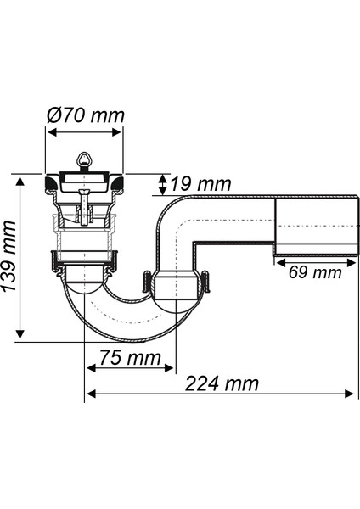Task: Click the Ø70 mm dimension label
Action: point(86,115)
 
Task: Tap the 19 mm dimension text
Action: point(200,184)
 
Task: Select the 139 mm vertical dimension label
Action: point(8,256)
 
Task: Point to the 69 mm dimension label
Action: point(315,272)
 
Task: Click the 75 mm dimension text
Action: point(130,357)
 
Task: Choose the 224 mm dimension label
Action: point(222,383)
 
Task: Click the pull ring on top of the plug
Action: point(84,160)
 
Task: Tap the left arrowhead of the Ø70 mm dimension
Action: point(52,132)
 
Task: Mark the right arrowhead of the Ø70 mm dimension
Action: point(117,132)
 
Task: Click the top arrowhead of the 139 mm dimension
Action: point(20,182)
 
